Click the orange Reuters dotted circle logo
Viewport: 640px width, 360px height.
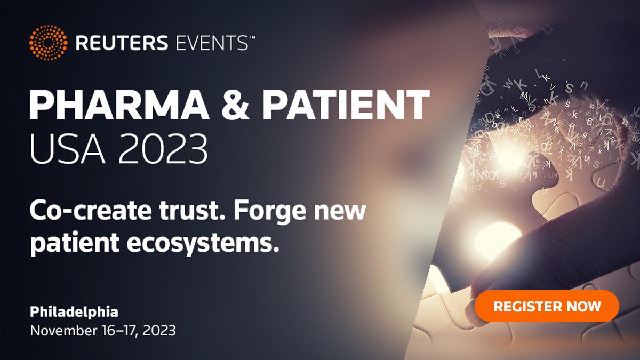[49, 43]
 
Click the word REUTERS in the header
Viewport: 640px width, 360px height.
[122, 43]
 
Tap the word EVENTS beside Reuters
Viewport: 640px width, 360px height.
[212, 43]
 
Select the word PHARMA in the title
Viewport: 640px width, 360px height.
[119, 105]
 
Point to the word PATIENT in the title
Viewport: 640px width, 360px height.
[346, 105]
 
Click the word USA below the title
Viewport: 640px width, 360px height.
[67, 149]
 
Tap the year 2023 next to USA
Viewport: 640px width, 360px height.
[163, 149]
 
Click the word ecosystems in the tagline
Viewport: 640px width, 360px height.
[203, 243]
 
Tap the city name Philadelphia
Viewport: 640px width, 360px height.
[74, 312]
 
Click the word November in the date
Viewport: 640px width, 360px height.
[63, 331]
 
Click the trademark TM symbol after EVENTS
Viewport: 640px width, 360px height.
[252, 37]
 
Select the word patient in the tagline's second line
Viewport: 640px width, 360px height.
[75, 243]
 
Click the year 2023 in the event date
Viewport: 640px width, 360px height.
[159, 331]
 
